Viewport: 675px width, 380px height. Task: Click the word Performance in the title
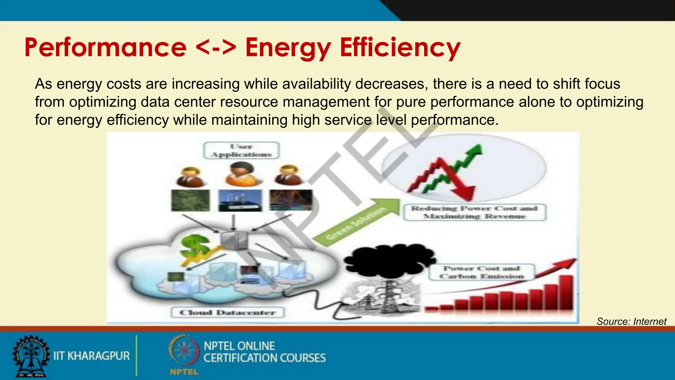pyautogui.click(x=105, y=48)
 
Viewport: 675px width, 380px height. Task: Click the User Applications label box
pyautogui.click(x=241, y=150)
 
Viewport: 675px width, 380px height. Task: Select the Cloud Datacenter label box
pyautogui.click(x=227, y=312)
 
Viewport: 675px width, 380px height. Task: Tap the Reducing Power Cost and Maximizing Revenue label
pyautogui.click(x=475, y=212)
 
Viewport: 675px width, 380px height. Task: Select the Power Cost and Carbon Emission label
pyautogui.click(x=481, y=272)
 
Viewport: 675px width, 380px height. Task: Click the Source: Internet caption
pyautogui.click(x=631, y=321)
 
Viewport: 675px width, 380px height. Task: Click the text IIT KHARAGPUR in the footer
pyautogui.click(x=92, y=356)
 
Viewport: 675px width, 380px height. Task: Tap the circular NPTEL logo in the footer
pyautogui.click(x=184, y=351)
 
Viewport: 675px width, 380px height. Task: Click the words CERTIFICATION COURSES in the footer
pyautogui.click(x=264, y=358)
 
